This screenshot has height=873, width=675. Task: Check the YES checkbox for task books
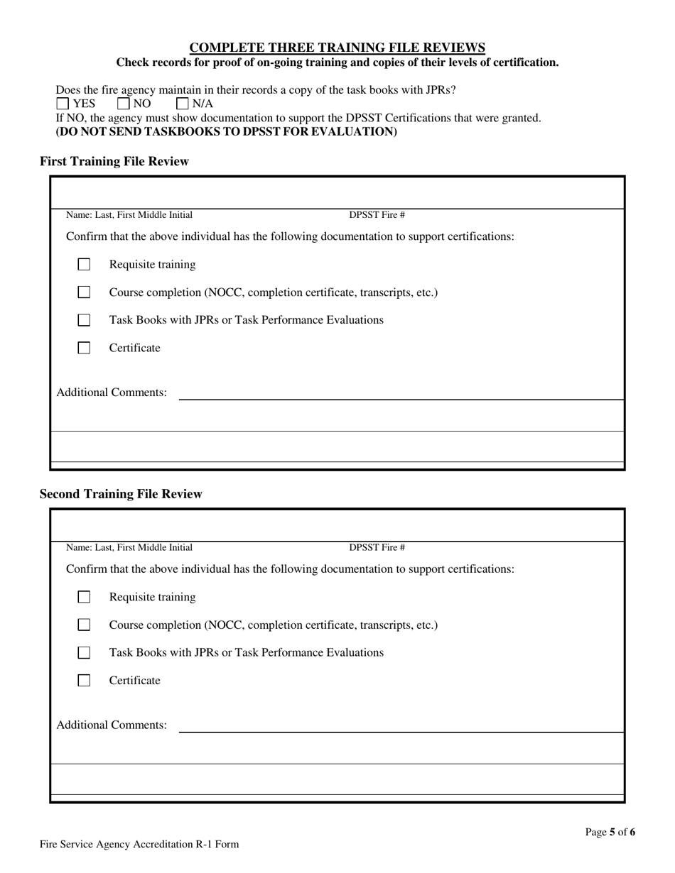(63, 104)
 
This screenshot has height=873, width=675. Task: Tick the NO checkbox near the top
(124, 104)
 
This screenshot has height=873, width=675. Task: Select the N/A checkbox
(183, 104)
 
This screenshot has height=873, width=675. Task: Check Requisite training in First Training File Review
(84, 265)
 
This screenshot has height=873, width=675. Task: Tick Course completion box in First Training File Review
(84, 292)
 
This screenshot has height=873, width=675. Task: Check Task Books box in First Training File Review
(84, 320)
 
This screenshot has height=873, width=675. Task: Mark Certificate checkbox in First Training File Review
(84, 348)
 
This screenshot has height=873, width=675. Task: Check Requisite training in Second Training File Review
(84, 597)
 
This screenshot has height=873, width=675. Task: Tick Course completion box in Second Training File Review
(84, 625)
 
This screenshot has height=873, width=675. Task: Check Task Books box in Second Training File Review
(84, 652)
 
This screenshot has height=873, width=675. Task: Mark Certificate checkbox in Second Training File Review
(84, 680)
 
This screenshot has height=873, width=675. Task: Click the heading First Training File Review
(114, 162)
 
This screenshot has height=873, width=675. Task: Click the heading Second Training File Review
(121, 494)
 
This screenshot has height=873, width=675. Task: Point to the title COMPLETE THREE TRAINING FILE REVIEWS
(337, 48)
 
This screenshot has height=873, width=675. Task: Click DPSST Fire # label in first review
(377, 215)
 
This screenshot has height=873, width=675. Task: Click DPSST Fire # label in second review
(377, 547)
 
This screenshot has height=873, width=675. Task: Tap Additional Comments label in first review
(112, 392)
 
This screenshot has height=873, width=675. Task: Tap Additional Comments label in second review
(112, 725)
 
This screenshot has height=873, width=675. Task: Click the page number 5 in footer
(612, 832)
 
